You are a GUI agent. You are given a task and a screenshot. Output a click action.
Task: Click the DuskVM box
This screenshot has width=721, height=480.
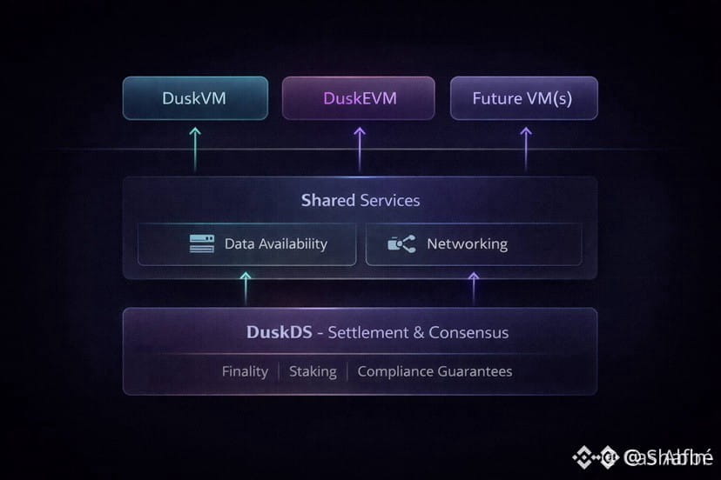194,98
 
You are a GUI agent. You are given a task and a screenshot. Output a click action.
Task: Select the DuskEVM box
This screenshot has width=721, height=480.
359,98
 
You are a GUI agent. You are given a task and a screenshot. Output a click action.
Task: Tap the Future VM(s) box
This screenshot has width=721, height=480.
523,98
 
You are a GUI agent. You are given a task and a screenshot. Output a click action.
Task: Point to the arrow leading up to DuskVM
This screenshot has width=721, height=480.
194,147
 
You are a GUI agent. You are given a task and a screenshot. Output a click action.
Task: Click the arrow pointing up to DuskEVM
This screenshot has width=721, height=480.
359,147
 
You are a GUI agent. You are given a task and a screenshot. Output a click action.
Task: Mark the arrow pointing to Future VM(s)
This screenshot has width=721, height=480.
525,147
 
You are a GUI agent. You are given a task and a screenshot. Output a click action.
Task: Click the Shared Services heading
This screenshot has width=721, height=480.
360,200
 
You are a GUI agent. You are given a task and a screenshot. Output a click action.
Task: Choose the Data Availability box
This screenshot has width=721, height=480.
246,244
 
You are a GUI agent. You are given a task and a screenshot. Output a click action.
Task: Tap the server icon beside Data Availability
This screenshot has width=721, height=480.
202,244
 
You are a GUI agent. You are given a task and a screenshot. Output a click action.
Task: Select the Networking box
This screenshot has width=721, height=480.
473,244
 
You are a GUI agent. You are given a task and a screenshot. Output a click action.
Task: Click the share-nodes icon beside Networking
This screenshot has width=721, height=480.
401,244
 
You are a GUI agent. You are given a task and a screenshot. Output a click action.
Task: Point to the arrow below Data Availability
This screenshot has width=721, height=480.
246,287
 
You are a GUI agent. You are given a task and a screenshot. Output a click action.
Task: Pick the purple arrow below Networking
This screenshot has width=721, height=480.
474,287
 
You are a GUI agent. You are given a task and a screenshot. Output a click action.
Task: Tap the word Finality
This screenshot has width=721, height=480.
245,371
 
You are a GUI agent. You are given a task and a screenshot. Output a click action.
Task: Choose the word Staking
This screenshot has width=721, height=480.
313,371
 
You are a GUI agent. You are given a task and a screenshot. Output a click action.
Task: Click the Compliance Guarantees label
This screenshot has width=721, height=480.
435,371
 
